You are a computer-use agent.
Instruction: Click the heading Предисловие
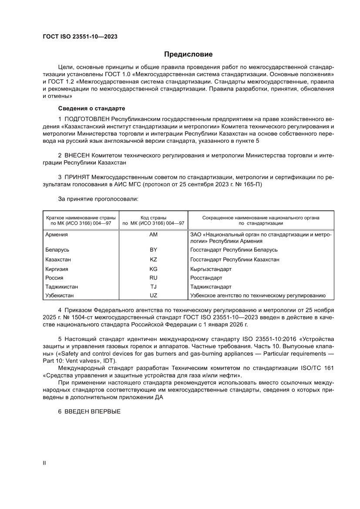tap(188, 54)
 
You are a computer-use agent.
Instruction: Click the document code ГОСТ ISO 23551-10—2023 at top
tap(80, 37)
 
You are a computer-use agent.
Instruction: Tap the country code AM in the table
tap(153, 235)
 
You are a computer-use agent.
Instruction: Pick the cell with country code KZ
tap(153, 260)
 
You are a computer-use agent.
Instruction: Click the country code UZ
tap(153, 295)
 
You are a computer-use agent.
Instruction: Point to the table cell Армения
tap(57, 235)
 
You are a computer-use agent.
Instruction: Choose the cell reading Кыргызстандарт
tap(211, 269)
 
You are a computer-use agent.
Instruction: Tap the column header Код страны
tap(153, 217)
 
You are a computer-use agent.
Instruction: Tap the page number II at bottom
tap(44, 463)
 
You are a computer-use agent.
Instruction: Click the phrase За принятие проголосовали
tap(98, 199)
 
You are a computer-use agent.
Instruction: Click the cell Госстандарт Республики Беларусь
tap(234, 250)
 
